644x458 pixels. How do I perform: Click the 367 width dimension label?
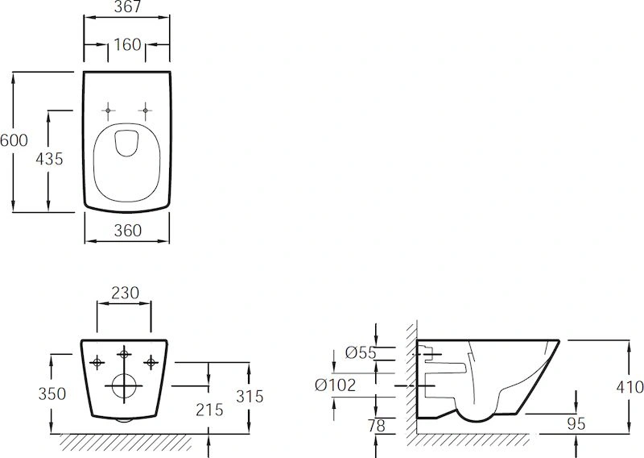(127, 6)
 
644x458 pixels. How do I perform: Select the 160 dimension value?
(127, 44)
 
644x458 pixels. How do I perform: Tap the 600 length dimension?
(14, 140)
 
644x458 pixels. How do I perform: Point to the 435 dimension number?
(49, 158)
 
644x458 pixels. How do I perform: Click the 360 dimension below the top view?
(128, 231)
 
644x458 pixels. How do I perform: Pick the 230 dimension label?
(126, 293)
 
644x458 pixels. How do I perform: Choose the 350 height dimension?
(52, 393)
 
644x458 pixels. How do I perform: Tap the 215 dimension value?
(209, 410)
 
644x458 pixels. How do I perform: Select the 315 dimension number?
(250, 396)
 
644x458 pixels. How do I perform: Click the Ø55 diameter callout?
(361, 352)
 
